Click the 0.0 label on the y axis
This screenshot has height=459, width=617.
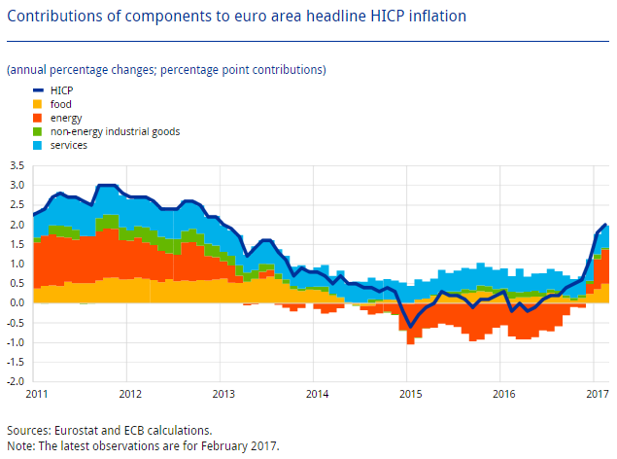pyautogui.click(x=16, y=303)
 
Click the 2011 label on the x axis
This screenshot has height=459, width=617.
pyautogui.click(x=37, y=394)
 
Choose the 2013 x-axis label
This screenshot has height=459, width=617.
pyautogui.click(x=223, y=394)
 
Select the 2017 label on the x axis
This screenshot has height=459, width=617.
pyautogui.click(x=597, y=394)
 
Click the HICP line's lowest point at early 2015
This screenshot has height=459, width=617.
pyautogui.click(x=410, y=326)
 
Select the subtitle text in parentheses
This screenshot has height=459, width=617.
pyautogui.click(x=166, y=70)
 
